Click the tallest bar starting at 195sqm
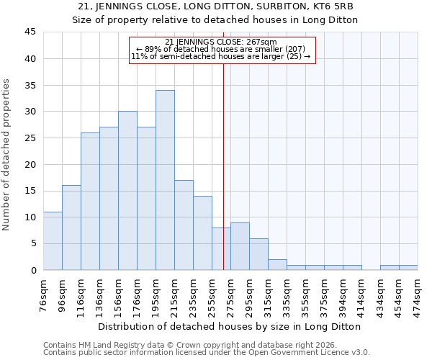pos(165,180)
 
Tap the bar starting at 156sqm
pos(127,191)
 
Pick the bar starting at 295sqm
pos(240,246)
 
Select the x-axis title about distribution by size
pos(230,326)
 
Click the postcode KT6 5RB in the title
pos(336,6)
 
